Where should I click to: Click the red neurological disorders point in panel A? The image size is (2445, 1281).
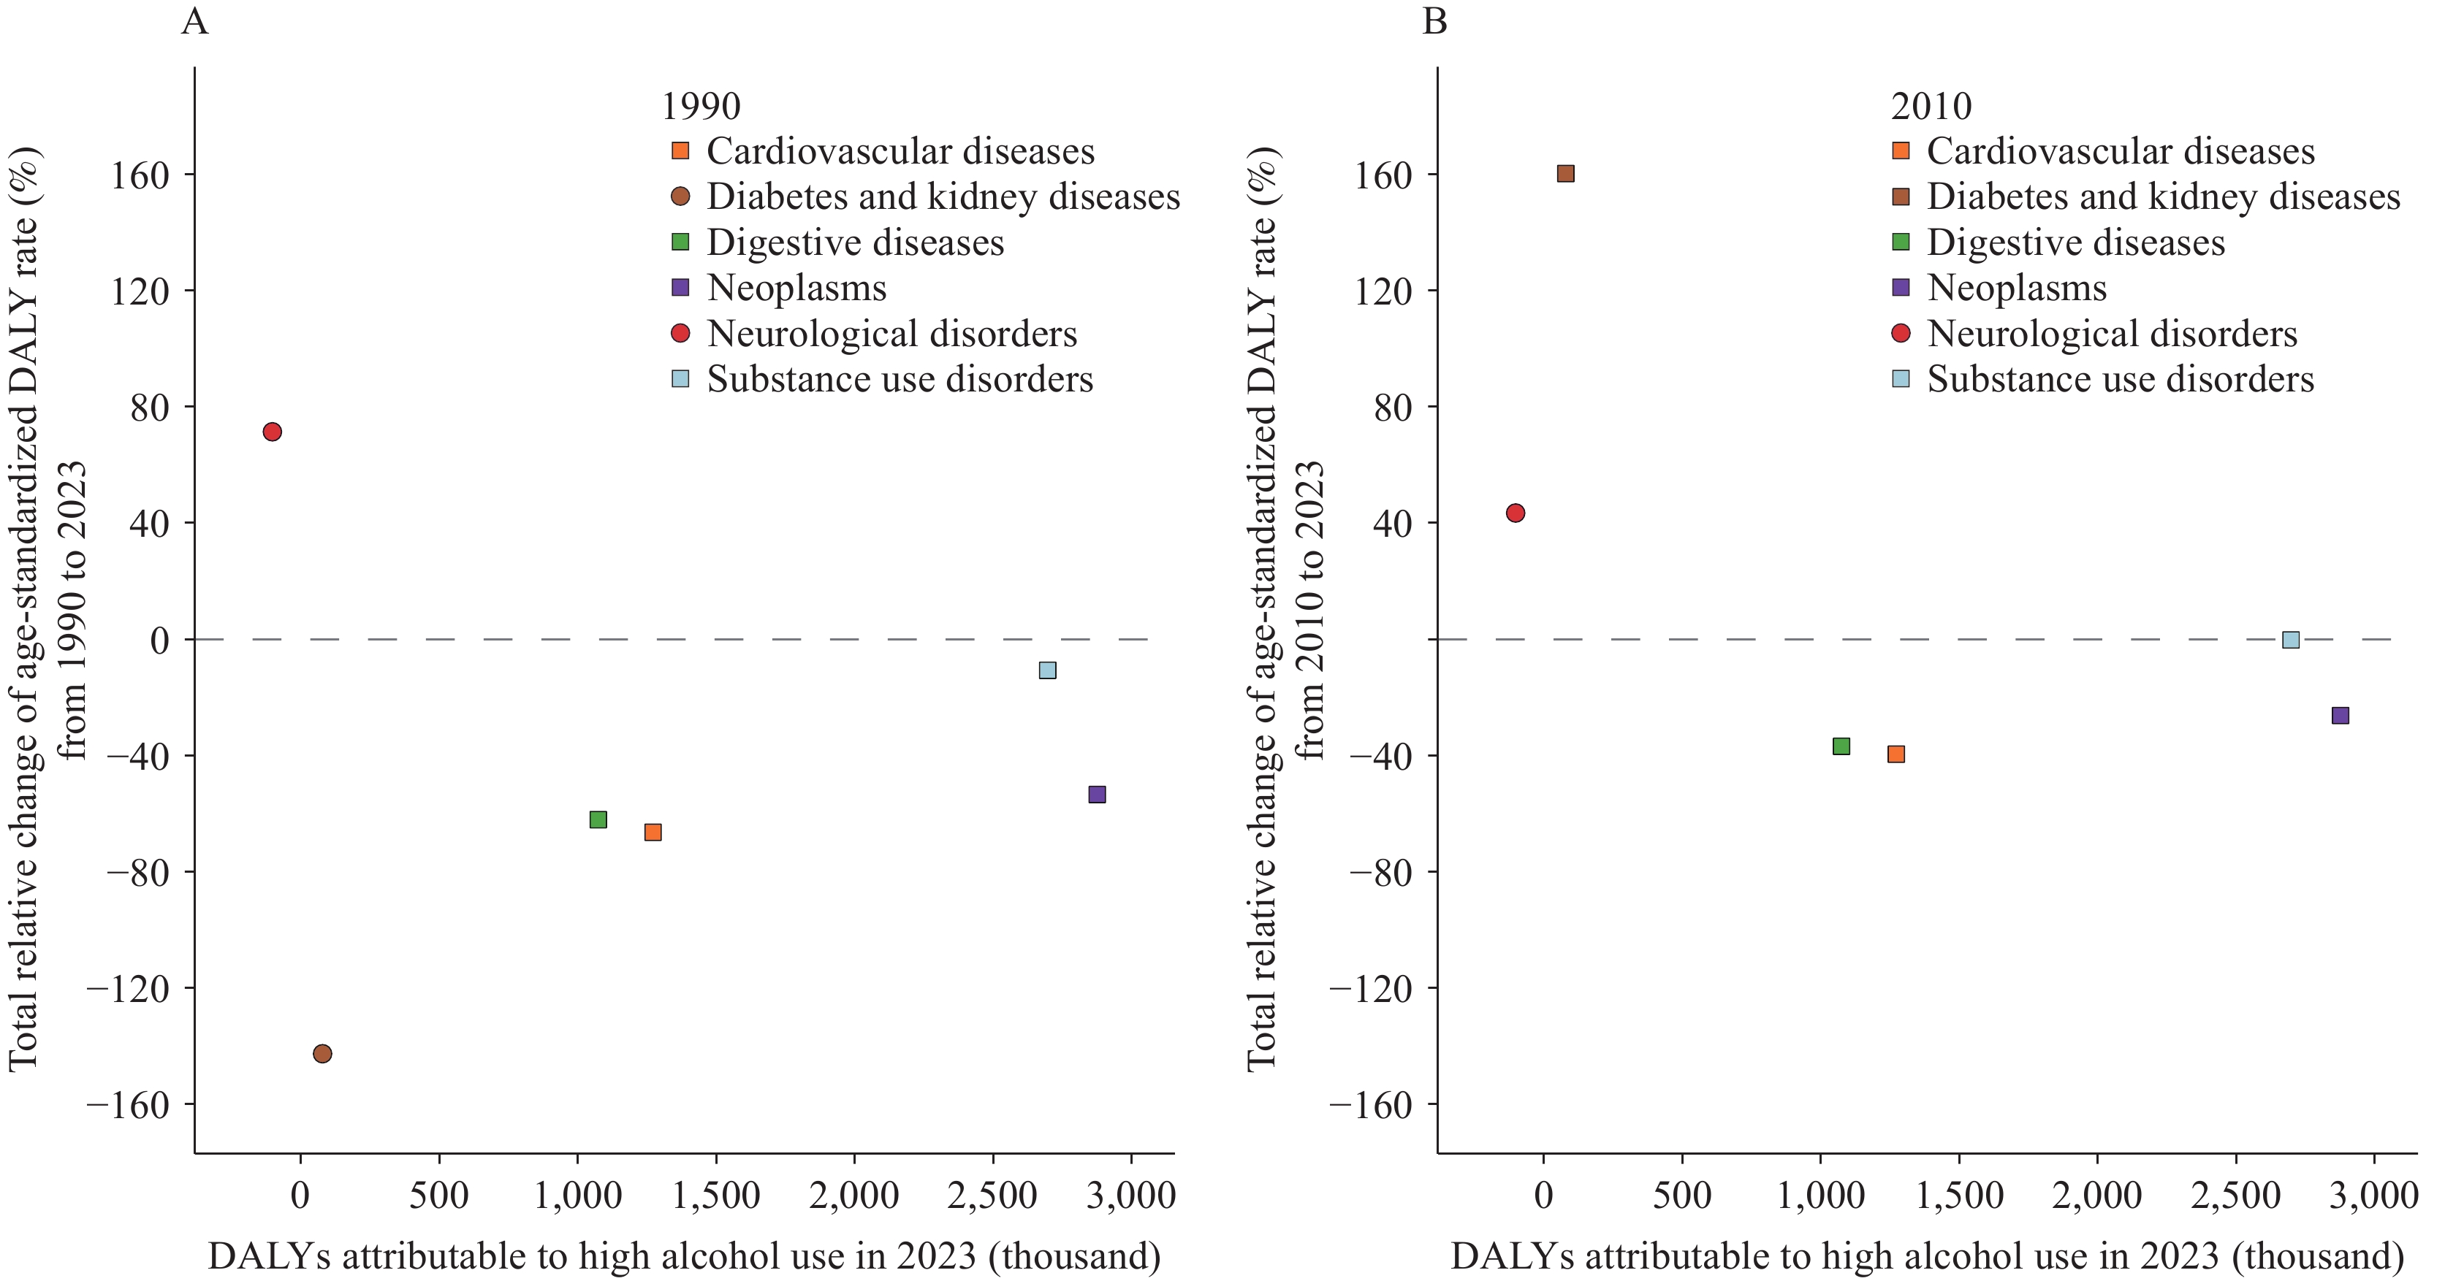273,432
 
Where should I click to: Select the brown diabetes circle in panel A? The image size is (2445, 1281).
323,1053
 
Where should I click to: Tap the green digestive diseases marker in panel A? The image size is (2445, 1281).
598,819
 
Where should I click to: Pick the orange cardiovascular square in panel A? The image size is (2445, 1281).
653,832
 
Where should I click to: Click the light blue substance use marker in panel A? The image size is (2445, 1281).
1048,670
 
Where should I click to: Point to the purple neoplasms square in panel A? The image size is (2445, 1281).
1098,794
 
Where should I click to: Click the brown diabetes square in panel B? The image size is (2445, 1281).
1566,174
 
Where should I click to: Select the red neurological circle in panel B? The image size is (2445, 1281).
1516,513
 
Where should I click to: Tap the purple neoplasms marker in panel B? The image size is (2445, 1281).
2341,716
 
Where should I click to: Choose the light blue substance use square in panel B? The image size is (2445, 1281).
2292,640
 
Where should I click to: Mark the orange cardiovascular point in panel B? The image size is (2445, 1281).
1896,754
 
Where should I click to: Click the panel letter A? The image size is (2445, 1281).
194,21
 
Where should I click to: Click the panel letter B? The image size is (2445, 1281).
1435,21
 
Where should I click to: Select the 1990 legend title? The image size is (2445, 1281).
701,107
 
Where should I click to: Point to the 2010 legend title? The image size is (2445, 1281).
1931,107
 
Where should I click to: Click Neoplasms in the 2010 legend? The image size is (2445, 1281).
2016,288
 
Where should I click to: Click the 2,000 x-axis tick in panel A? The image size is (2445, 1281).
854,1195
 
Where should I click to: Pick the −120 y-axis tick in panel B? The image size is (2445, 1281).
1371,989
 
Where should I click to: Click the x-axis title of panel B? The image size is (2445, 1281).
1927,1255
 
